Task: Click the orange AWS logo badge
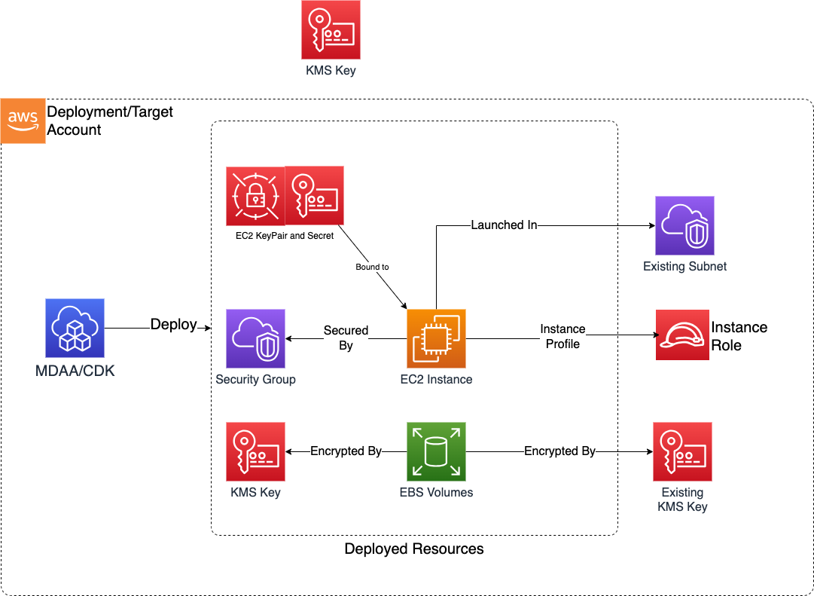pyautogui.click(x=23, y=121)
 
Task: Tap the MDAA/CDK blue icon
pyautogui.click(x=75, y=328)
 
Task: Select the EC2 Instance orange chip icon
pyautogui.click(x=436, y=338)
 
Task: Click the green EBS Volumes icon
pyautogui.click(x=436, y=451)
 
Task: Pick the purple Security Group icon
pyautogui.click(x=255, y=338)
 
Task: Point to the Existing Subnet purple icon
pyautogui.click(x=684, y=226)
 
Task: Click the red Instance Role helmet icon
pyautogui.click(x=682, y=335)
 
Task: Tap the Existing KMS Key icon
pyautogui.click(x=683, y=451)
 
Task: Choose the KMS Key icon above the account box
pyautogui.click(x=330, y=30)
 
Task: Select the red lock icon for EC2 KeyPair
pyautogui.click(x=255, y=196)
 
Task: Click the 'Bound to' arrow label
pyautogui.click(x=372, y=267)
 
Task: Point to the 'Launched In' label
pyautogui.click(x=504, y=225)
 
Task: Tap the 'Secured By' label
pyautogui.click(x=346, y=338)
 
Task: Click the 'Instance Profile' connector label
pyautogui.click(x=562, y=336)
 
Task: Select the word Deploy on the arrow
pyautogui.click(x=173, y=325)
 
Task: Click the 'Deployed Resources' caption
pyautogui.click(x=413, y=549)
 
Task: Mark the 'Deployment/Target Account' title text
pyautogui.click(x=110, y=121)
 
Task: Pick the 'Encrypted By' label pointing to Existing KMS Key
pyautogui.click(x=559, y=451)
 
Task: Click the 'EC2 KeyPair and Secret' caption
pyautogui.click(x=285, y=236)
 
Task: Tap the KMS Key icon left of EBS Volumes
pyautogui.click(x=255, y=451)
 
